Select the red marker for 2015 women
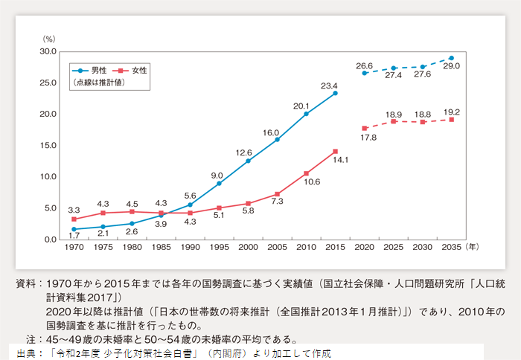[336, 151]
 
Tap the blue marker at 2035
[452, 58]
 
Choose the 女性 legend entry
[139, 70]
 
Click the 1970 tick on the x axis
[73, 246]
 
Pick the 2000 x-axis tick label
[248, 246]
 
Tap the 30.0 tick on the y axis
[48, 51]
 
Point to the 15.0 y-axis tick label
[48, 146]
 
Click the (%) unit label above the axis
[49, 37]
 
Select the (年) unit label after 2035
[474, 246]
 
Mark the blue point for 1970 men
[73, 229]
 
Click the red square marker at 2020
[364, 128]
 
